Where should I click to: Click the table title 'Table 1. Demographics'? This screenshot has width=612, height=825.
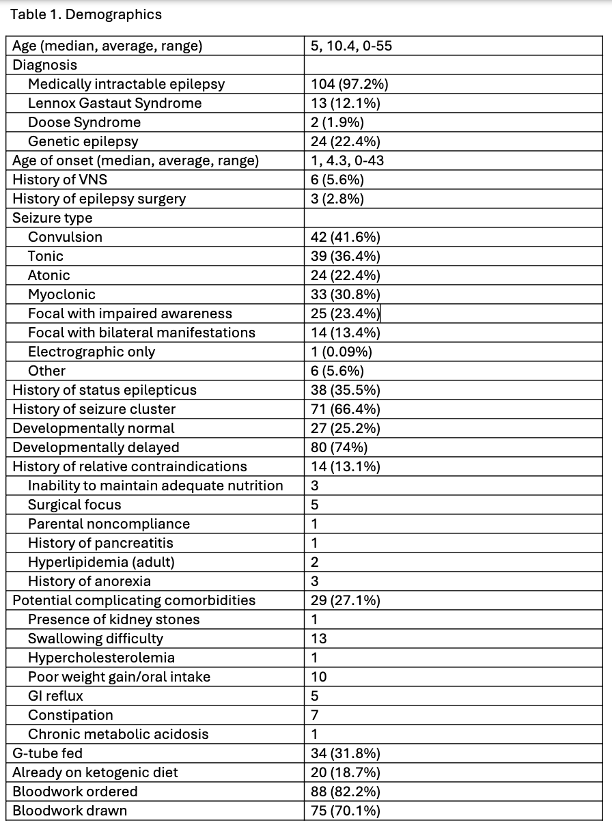tap(86, 14)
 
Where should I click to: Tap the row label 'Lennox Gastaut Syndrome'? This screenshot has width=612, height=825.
tap(115, 103)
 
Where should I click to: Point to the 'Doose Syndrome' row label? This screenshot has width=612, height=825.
tap(84, 122)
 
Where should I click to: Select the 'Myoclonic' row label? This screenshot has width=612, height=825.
tap(61, 294)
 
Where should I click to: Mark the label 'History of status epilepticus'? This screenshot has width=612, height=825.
tap(105, 390)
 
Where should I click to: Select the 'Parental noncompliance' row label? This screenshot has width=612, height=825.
tap(109, 524)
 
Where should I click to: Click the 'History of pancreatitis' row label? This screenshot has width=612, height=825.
tap(100, 543)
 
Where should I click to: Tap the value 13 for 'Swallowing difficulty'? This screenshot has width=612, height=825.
tap(318, 639)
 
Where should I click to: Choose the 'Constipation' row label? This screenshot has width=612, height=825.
tap(70, 715)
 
